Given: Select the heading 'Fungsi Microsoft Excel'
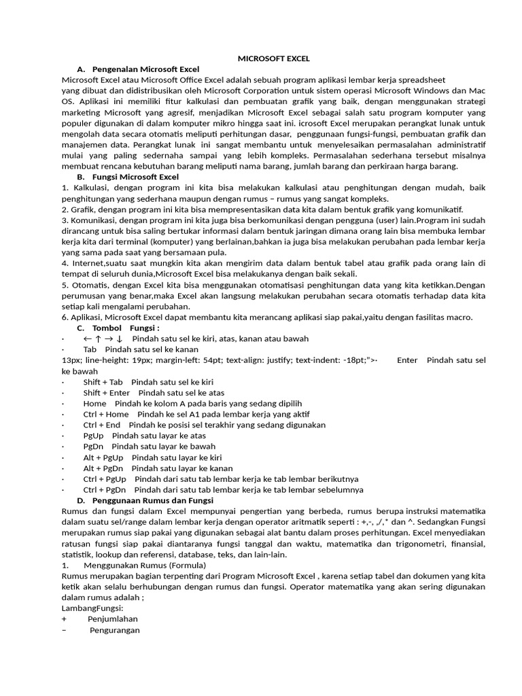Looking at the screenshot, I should tap(135, 177).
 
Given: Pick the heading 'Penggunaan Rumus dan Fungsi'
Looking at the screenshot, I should tap(153, 500).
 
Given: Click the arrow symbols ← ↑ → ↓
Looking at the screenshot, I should tap(103, 338).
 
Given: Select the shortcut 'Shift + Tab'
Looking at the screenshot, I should tap(103, 382).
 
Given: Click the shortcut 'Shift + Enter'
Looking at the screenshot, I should tap(107, 393).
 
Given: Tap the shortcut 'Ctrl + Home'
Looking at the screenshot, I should tap(106, 414).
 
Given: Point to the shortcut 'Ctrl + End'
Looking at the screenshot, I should tap(102, 425).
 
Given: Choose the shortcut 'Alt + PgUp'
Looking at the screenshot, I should tap(103, 457).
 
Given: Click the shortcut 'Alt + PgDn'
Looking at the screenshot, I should tap(103, 468).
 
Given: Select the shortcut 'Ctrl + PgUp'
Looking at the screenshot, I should tap(105, 479).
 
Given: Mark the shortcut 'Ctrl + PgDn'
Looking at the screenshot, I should tap(105, 489).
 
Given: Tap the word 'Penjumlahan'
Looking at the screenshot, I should tap(113, 619).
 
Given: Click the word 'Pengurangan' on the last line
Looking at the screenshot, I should tap(115, 630).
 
